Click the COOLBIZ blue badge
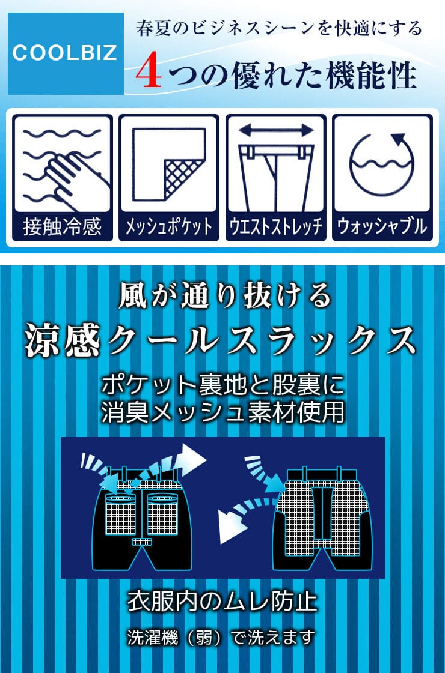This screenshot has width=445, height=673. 66,53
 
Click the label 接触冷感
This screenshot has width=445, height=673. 63,226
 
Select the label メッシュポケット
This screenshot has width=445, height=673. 169,226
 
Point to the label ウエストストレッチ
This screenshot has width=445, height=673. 275,226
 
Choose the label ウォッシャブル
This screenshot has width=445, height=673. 382,226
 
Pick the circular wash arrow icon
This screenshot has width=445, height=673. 382,164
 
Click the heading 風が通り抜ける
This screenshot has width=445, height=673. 225,296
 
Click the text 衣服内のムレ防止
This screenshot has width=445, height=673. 222,602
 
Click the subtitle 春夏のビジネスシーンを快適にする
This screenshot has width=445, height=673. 279,29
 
